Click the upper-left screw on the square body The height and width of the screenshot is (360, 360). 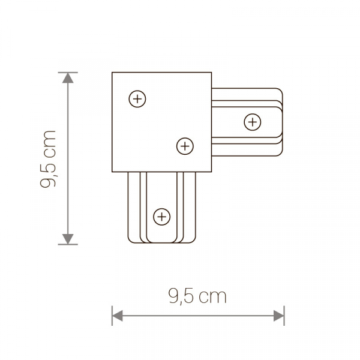(x=137, y=98)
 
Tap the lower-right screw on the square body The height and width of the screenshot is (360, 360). (x=185, y=145)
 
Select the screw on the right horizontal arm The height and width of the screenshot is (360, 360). (x=253, y=122)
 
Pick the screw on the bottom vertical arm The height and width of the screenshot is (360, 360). (x=161, y=216)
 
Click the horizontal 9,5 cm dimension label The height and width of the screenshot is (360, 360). (x=197, y=296)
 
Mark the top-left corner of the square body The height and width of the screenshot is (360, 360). (x=113, y=73)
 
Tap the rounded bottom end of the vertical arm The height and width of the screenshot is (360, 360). (x=161, y=242)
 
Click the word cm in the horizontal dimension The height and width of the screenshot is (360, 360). (x=213, y=296)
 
